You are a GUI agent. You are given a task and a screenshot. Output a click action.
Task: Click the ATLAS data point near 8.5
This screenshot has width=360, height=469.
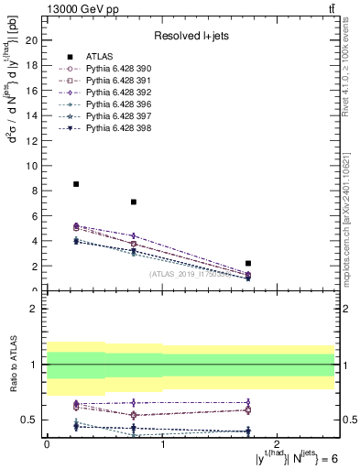pyautogui.click(x=76, y=184)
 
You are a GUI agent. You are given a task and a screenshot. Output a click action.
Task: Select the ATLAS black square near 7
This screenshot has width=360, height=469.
pyautogui.click(x=134, y=202)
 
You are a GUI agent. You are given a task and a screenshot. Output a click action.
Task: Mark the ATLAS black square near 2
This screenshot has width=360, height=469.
pyautogui.click(x=248, y=263)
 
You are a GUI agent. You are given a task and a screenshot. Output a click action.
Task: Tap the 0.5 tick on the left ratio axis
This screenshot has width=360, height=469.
pyautogui.click(x=30, y=420)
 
